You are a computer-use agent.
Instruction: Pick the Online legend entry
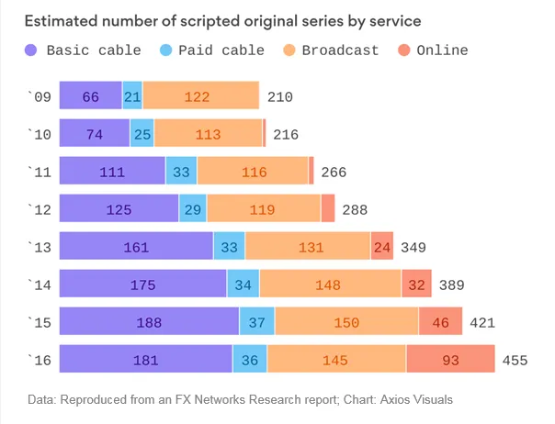(x=433, y=50)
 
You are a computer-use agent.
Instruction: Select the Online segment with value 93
(x=450, y=361)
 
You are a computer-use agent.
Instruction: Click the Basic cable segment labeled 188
(x=149, y=323)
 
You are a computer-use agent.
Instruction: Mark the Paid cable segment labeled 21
(x=132, y=95)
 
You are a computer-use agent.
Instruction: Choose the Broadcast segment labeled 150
(x=347, y=323)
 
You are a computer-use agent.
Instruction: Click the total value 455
(x=515, y=361)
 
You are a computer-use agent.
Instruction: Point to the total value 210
(x=279, y=95)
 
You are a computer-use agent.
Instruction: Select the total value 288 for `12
(x=355, y=209)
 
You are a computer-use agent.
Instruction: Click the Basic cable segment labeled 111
(x=113, y=172)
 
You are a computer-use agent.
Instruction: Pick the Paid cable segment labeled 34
(x=244, y=285)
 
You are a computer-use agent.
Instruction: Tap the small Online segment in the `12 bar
(x=328, y=209)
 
